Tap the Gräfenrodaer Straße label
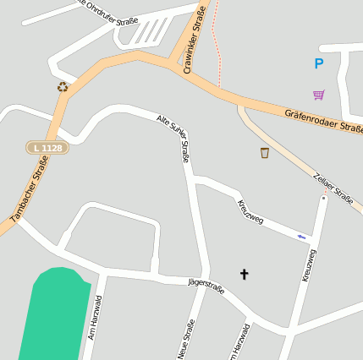pyautogui.click(x=323, y=119)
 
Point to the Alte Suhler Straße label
pyautogui.click(x=174, y=138)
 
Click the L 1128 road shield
pyautogui.click(x=46, y=148)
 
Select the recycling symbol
pyautogui.click(x=63, y=86)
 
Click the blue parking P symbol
pyautogui.click(x=318, y=63)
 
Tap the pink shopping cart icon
pyautogui.click(x=318, y=94)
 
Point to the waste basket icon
pyautogui.click(x=265, y=153)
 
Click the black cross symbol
pyautogui.click(x=245, y=274)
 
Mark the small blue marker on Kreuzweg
pyautogui.click(x=301, y=237)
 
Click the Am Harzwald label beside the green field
pyautogui.click(x=95, y=318)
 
